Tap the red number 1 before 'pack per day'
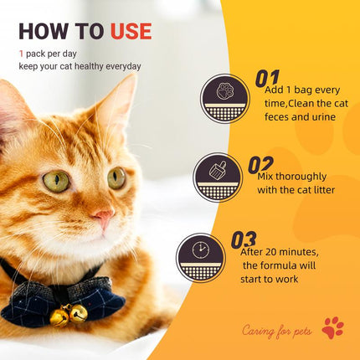pyautogui.click(x=22, y=53)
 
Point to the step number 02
pyautogui.click(x=260, y=165)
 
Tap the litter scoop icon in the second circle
pyautogui.click(x=217, y=170)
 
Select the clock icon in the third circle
pyautogui.click(x=200, y=250)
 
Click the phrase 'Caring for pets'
pyautogui.click(x=276, y=331)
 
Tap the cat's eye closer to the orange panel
pyautogui.click(x=116, y=177)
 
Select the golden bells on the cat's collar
pyautogui.click(x=69, y=316)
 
